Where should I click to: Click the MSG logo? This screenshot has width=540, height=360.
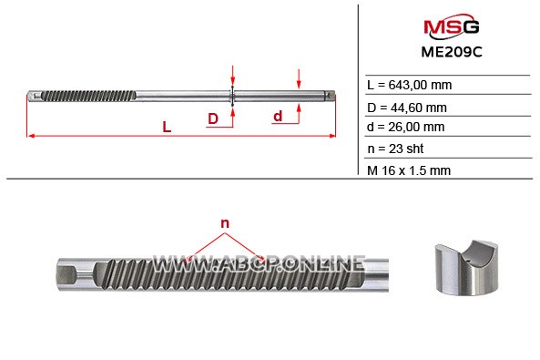451,26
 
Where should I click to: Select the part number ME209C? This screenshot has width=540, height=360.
452,52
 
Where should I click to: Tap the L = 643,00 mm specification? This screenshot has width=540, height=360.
410,85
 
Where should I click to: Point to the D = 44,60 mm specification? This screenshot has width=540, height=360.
407,108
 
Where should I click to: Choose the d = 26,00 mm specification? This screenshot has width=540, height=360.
406,127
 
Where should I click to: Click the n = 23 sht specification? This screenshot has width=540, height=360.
395,149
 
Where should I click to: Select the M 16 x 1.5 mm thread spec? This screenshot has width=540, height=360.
409,170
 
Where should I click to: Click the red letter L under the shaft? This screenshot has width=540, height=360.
167,127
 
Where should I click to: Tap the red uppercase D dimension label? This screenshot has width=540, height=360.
213,118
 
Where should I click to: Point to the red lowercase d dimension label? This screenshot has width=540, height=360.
278,117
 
